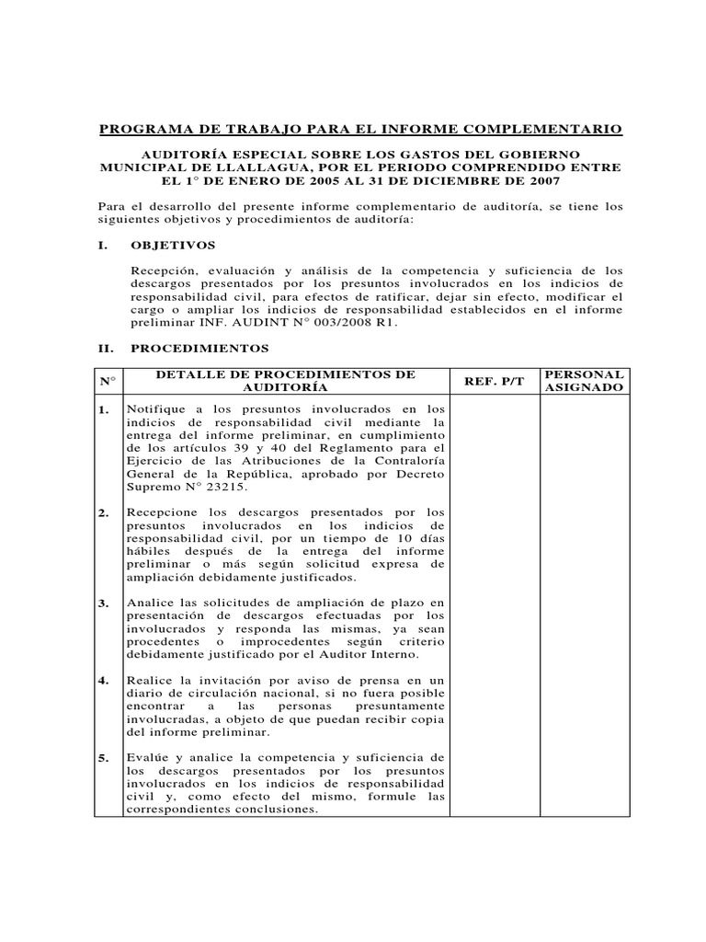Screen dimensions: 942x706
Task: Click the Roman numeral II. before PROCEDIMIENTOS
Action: [105, 350]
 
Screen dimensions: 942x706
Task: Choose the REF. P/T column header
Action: [494, 381]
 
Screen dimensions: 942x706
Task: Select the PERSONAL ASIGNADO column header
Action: [585, 381]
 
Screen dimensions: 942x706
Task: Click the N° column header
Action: [106, 381]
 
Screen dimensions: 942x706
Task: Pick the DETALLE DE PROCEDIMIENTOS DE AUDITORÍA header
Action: [285, 381]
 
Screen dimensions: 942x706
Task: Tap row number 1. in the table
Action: [105, 409]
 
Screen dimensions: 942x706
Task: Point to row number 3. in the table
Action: [105, 603]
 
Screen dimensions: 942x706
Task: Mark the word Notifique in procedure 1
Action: [155, 409]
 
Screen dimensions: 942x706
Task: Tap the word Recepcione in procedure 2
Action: [163, 512]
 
